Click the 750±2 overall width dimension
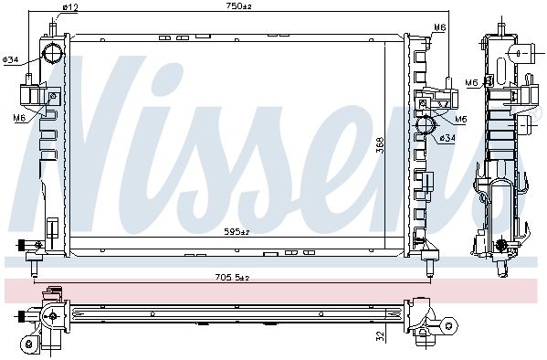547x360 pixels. click(x=239, y=5)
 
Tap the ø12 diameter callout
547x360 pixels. click(x=69, y=7)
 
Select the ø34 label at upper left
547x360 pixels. click(x=10, y=59)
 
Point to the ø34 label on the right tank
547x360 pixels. click(x=447, y=138)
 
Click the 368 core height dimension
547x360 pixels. click(x=381, y=144)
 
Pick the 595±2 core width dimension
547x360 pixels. click(x=237, y=231)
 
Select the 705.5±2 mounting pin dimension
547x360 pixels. click(x=232, y=278)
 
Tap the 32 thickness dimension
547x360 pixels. click(x=381, y=336)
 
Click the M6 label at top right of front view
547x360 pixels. click(x=440, y=27)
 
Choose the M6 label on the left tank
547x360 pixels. click(x=19, y=118)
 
